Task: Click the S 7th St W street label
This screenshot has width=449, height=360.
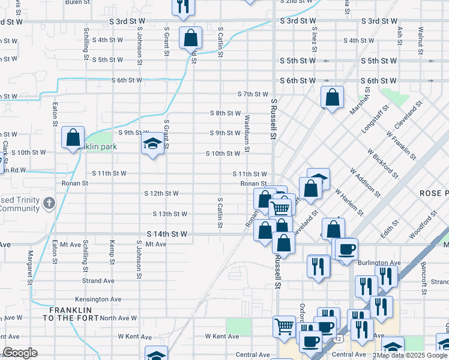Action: pyautogui.click(x=253, y=94)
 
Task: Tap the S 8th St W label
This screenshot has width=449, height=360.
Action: pyautogui.click(x=225, y=113)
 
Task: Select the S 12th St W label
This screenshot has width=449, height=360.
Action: pyautogui.click(x=161, y=193)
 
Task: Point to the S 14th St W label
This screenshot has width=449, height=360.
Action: pyautogui.click(x=167, y=234)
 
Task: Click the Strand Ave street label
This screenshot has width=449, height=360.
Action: pyautogui.click(x=98, y=280)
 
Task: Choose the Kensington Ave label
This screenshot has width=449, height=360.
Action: pyautogui.click(x=98, y=299)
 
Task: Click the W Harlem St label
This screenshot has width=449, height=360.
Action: pyautogui.click(x=349, y=202)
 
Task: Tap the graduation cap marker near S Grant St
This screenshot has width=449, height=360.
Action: pyautogui.click(x=152, y=144)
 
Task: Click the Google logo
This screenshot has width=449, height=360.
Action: pyautogui.click(x=20, y=353)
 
